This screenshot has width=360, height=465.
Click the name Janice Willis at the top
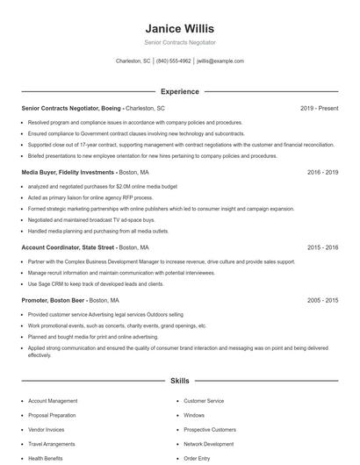click(x=179, y=29)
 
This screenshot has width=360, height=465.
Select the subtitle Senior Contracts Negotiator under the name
click(x=179, y=42)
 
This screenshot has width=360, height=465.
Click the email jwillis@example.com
click(x=220, y=61)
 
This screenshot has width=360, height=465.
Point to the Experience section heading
click(x=179, y=91)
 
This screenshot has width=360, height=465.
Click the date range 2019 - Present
click(x=319, y=108)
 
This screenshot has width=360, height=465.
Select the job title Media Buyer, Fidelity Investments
click(x=68, y=173)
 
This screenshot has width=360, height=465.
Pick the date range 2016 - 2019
click(x=322, y=173)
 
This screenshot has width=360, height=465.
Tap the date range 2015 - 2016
click(x=322, y=247)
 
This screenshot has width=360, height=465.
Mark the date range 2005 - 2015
click(x=322, y=299)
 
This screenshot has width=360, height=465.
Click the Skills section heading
click(x=179, y=382)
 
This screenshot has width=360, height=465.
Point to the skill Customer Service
click(x=204, y=401)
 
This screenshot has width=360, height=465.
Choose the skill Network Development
click(x=209, y=444)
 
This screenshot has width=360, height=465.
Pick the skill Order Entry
click(x=197, y=458)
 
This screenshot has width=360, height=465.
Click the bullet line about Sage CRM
click(x=96, y=284)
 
